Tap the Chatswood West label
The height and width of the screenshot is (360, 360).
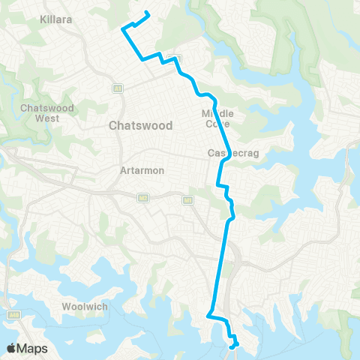[45, 113]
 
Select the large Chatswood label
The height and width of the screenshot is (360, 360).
[141, 125]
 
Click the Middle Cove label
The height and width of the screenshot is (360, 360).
[217, 118]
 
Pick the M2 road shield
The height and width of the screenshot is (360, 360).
[142, 198]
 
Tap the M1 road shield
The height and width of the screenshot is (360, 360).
[187, 199]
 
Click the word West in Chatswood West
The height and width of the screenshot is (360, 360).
[45, 118]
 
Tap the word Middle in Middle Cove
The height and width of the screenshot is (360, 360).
[217, 113]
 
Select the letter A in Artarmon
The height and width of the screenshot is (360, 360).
[123, 170]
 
